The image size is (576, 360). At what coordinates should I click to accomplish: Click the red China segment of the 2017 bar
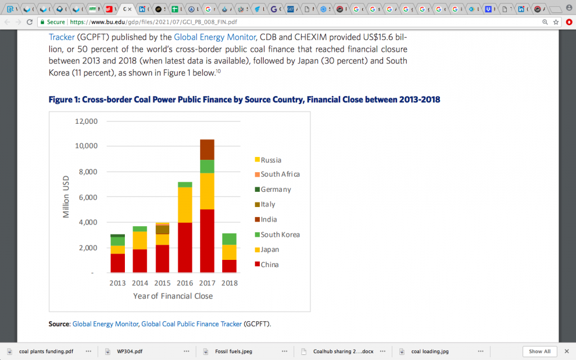click(207, 241)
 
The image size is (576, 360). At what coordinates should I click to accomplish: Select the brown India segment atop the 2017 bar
click(207, 149)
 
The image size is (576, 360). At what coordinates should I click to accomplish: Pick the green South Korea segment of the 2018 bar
click(229, 239)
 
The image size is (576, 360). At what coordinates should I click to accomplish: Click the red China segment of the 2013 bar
click(118, 263)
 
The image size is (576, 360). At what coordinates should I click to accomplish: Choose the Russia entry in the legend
click(271, 160)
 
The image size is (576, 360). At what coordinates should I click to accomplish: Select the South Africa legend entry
click(280, 174)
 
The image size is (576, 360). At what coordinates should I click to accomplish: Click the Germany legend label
click(276, 190)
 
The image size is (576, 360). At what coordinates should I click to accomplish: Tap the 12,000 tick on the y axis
click(86, 121)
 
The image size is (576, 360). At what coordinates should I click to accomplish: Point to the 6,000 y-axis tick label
click(88, 197)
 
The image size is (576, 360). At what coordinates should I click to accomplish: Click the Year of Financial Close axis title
click(173, 295)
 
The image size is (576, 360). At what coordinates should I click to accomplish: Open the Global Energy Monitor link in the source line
click(106, 324)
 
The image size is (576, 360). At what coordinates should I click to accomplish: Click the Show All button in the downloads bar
click(540, 351)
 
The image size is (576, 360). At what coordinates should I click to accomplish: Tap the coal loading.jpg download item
click(430, 352)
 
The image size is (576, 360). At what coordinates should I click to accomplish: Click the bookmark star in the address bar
click(556, 21)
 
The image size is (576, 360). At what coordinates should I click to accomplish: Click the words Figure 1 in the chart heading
click(64, 100)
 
